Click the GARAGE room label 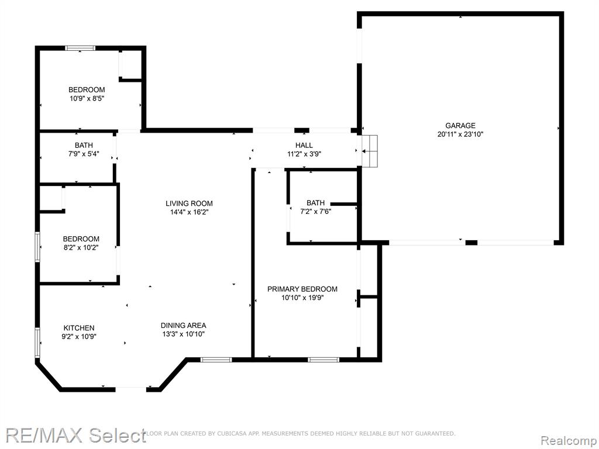pos(460,125)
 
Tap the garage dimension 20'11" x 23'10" pos(460,134)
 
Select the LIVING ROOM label pos(189,203)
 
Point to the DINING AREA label pos(183,325)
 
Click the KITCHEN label pos(79,328)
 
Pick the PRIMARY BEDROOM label pos(302,289)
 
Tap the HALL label pos(304,145)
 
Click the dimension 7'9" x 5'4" pos(84,154)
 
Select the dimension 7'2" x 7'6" pos(315,212)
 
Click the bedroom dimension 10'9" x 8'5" pos(87,98)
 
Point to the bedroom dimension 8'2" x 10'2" pos(81,248)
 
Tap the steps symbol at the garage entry pos(370,151)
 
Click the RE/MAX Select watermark pos(75,435)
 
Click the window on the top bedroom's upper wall pos(80,48)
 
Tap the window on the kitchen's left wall pos(37,343)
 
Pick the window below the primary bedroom pos(323,360)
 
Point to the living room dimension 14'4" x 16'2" pos(189,212)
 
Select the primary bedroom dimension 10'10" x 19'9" pos(302,298)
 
